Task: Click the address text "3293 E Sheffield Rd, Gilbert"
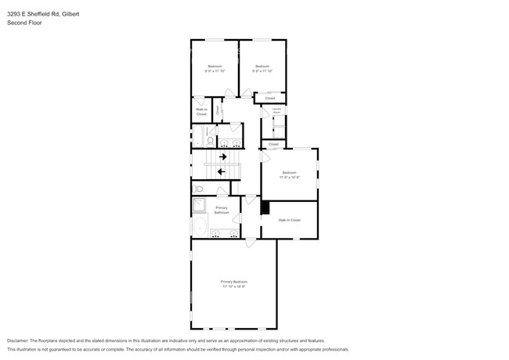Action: point(38,14)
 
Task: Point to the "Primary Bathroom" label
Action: point(222,210)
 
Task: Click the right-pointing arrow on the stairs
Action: point(223,157)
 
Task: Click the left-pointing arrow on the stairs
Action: point(222,171)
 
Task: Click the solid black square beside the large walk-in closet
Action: point(265,208)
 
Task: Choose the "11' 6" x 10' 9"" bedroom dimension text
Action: point(289,177)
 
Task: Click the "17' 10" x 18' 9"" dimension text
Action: point(233,286)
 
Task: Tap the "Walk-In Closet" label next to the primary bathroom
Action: point(290,220)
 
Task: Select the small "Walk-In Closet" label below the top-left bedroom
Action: point(201,112)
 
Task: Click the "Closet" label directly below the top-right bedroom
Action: point(269,98)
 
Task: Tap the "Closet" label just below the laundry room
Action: point(273,144)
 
